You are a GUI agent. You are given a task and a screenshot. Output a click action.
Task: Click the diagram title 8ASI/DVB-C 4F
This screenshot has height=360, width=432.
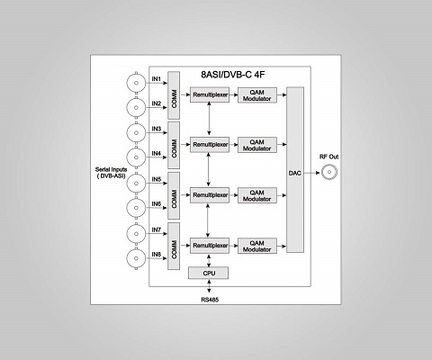[x=233, y=75]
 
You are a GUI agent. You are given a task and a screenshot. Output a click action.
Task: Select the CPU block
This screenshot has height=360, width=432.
[x=209, y=273]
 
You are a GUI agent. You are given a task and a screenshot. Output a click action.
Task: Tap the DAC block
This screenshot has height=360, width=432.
[x=295, y=170]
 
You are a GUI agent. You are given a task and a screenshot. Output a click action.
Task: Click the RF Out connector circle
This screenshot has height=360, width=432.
[x=329, y=172]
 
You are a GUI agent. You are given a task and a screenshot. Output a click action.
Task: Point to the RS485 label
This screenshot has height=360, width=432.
[x=210, y=300]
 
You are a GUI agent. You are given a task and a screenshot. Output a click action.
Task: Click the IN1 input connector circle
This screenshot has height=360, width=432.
[x=136, y=83]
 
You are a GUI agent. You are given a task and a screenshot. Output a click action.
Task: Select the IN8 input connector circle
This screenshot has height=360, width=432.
[x=136, y=258]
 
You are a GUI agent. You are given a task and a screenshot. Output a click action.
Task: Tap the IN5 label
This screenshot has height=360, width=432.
[x=157, y=179]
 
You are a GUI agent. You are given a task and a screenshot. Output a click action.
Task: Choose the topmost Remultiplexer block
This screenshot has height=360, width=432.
[x=210, y=94]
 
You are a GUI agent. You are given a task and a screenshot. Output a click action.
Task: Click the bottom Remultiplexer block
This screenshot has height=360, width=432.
[x=210, y=246]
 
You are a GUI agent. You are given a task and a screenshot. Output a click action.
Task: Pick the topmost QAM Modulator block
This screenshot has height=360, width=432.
[x=257, y=95]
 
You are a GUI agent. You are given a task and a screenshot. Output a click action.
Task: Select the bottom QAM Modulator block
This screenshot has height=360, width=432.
[x=257, y=246]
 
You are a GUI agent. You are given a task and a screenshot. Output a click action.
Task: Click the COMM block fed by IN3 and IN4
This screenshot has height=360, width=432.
[x=174, y=145]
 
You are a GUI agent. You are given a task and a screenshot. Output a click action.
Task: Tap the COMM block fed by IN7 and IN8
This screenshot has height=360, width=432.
[x=174, y=246]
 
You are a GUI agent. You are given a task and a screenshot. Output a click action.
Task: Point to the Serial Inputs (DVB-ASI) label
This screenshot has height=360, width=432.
[x=111, y=173]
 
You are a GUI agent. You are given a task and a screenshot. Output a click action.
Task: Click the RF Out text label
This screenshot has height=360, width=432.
[x=328, y=157]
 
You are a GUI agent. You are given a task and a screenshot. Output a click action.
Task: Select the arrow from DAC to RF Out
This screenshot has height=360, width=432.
[x=312, y=173]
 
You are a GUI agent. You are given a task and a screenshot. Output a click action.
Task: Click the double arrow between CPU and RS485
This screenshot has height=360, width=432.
[x=209, y=286]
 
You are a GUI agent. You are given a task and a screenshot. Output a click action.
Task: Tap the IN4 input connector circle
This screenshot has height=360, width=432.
[x=136, y=157]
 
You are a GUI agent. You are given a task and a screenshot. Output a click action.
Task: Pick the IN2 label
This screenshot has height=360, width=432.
[x=157, y=103]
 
